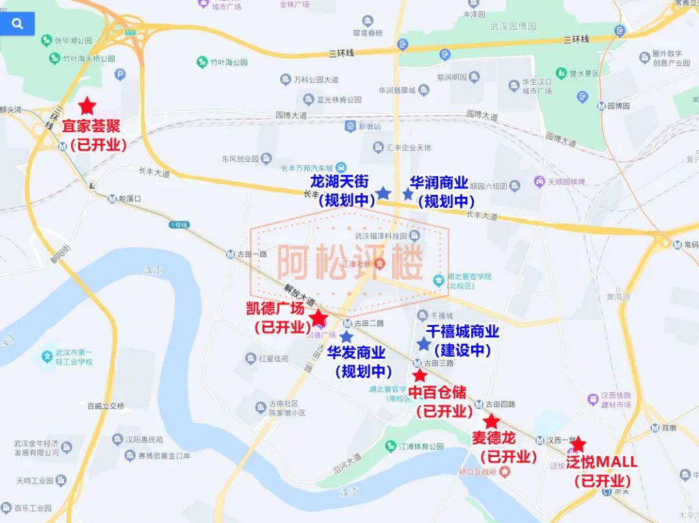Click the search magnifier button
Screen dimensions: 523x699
click(17, 24)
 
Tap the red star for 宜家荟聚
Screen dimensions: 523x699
click(87, 106)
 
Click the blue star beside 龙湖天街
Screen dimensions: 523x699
click(383, 192)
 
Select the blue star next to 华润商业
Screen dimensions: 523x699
click(408, 194)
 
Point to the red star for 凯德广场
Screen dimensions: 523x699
click(318, 318)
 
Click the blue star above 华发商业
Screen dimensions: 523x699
click(346, 337)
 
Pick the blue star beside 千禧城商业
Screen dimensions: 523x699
click(423, 344)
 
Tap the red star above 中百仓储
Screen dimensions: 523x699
click(419, 375)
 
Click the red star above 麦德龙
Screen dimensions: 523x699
click(491, 421)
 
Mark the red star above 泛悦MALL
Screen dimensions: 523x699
click(578, 444)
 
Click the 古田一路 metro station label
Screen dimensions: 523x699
click(251, 254)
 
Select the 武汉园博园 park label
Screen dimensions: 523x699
click(513, 27)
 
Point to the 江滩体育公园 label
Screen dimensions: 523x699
click(421, 447)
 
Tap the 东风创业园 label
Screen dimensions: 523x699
click(239, 159)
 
